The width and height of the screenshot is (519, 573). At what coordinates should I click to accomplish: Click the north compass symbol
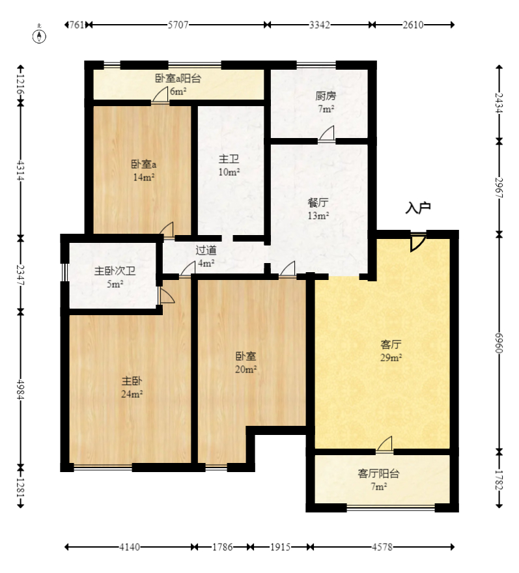tap(40, 35)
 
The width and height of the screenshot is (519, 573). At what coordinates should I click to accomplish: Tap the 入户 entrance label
tap(418, 208)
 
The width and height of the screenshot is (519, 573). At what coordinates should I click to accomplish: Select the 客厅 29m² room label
tap(391, 350)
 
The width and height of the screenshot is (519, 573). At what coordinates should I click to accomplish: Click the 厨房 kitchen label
tap(326, 102)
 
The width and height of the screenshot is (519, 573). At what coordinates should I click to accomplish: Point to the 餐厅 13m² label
tap(318, 208)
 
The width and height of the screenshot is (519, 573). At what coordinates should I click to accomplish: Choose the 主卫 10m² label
tap(229, 165)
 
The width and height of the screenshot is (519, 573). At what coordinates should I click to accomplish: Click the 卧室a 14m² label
tap(143, 170)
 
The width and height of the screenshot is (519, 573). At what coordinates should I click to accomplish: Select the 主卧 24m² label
tap(132, 387)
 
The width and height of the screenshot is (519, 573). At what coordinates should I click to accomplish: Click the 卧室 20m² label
tap(245, 362)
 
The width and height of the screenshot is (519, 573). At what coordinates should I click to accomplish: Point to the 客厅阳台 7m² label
tap(378, 479)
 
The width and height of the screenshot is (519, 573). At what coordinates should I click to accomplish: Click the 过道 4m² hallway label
tap(206, 256)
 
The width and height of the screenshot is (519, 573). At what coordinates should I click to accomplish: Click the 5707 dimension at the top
tap(178, 25)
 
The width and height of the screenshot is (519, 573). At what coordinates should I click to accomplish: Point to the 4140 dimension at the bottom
tap(129, 547)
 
